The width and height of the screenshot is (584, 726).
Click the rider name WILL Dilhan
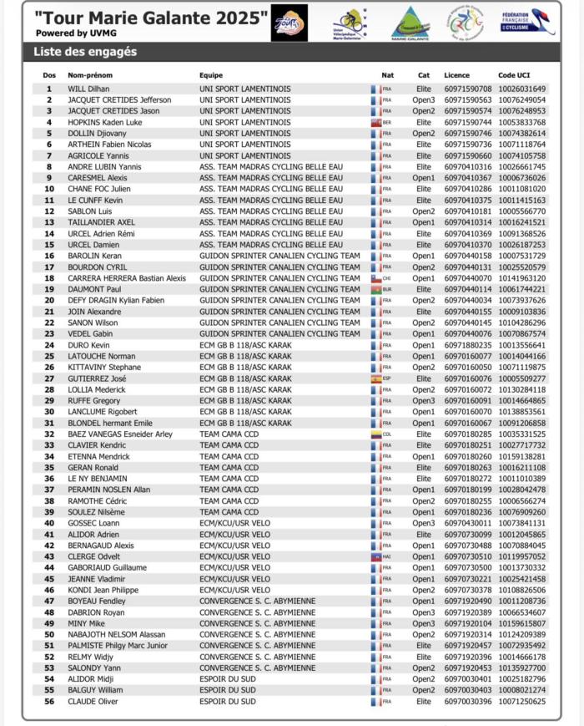pyautogui.click(x=88, y=89)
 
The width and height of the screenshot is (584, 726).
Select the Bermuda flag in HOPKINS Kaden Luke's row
pyautogui.click(x=376, y=122)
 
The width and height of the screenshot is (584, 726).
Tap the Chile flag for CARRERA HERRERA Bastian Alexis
pyautogui.click(x=376, y=278)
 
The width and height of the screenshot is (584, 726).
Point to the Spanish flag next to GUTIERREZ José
pyautogui.click(x=376, y=378)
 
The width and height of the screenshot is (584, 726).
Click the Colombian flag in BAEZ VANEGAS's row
pyautogui.click(x=376, y=434)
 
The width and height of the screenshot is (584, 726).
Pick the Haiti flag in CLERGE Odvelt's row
pyautogui.click(x=376, y=556)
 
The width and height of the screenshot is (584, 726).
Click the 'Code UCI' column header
pyautogui.click(x=514, y=75)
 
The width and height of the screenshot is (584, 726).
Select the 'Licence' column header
pyautogui.click(x=456, y=75)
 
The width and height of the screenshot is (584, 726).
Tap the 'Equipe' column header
pyautogui.click(x=211, y=75)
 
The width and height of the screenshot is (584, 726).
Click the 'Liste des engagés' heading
pyautogui.click(x=85, y=52)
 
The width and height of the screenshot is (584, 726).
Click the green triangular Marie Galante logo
pyautogui.click(x=410, y=23)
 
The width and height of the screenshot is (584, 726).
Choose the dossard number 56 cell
pyautogui.click(x=48, y=702)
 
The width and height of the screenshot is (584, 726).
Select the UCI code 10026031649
pyautogui.click(x=522, y=89)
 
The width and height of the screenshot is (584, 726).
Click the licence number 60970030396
pyautogui.click(x=468, y=702)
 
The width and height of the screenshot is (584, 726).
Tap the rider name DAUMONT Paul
pyautogui.click(x=94, y=289)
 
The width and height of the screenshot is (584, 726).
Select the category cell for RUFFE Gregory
pyautogui.click(x=424, y=401)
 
